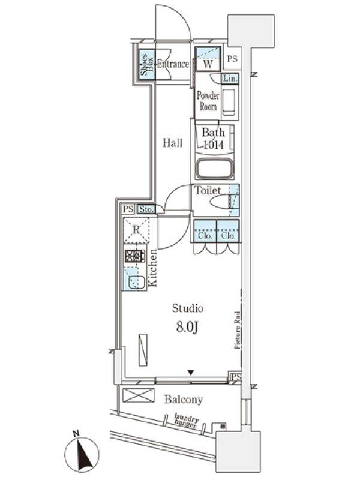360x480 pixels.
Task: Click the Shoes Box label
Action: pyautogui.click(x=146, y=65)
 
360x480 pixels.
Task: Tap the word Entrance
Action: pyautogui.click(x=173, y=64)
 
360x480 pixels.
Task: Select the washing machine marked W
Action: pyautogui.click(x=208, y=58)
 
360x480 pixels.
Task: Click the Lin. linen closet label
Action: pyautogui.click(x=230, y=79)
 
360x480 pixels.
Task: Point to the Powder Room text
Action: pyautogui.click(x=208, y=101)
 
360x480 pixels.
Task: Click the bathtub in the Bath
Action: pyautogui.click(x=215, y=169)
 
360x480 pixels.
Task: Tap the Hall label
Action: pyautogui.click(x=172, y=143)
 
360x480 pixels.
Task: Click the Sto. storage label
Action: pyautogui.click(x=146, y=209)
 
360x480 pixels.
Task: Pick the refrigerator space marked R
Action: pyautogui.click(x=136, y=230)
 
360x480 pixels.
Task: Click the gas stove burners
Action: pyautogui.click(x=134, y=256)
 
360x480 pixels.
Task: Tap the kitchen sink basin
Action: pyautogui.click(x=137, y=282)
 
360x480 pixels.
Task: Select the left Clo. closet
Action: pyautogui.click(x=205, y=231)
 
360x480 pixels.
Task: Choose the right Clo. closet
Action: pyautogui.click(x=228, y=231)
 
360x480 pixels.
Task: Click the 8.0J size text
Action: pyautogui.click(x=187, y=327)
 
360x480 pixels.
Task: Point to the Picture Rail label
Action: pyautogui.click(x=238, y=330)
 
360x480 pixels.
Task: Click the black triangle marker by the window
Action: pyautogui.click(x=191, y=373)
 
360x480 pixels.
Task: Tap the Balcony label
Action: pyautogui.click(x=184, y=400)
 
